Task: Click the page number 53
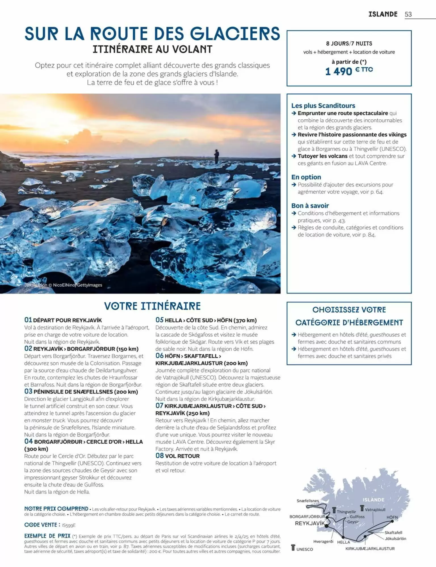click(408, 14)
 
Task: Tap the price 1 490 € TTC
click(349, 71)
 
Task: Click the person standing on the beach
click(217, 156)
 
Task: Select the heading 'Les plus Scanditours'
click(323, 106)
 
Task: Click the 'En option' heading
click(306, 177)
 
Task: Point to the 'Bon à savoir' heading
click(310, 206)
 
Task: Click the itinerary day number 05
click(159, 320)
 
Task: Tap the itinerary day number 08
click(160, 456)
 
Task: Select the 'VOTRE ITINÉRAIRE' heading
click(152, 306)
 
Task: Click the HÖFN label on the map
click(392, 517)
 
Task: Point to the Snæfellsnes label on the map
click(308, 501)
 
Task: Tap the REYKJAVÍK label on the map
click(309, 523)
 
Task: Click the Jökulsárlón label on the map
click(395, 538)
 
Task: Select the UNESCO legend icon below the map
click(293, 548)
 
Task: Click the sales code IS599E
click(69, 525)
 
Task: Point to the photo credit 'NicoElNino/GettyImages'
click(77, 285)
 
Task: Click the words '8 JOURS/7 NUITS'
click(349, 44)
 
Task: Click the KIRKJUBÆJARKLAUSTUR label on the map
click(370, 549)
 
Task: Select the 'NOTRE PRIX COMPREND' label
click(56, 509)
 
